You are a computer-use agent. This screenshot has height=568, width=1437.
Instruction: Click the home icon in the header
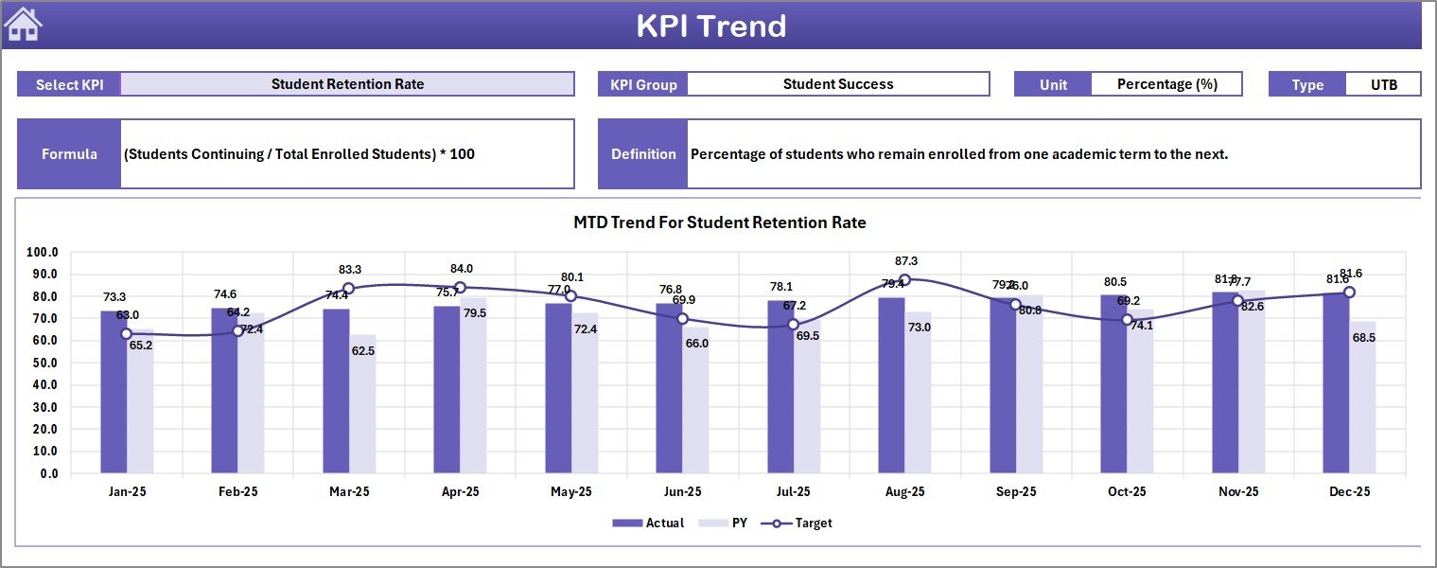point(24,25)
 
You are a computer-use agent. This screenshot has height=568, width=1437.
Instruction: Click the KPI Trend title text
point(710,26)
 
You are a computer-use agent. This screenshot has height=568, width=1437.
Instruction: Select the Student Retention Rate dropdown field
point(347,84)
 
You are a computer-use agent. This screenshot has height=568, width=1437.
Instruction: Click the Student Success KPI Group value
point(837,84)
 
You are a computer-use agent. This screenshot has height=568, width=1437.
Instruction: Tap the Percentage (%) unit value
point(1166,84)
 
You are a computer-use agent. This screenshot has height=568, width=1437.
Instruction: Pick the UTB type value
point(1383,84)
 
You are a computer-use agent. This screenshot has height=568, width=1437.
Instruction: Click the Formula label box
point(69,154)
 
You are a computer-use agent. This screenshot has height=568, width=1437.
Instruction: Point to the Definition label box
point(643,154)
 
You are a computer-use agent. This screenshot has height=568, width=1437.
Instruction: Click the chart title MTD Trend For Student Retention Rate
point(719,222)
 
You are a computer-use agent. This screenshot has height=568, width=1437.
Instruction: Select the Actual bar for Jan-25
point(114,392)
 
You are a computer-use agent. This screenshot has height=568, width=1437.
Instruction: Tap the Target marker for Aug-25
point(904,280)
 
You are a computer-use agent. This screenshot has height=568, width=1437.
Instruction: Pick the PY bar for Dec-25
point(1362,398)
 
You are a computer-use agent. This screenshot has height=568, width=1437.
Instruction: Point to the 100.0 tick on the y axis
point(43,253)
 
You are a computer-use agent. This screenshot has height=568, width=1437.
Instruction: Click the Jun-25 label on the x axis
point(682,492)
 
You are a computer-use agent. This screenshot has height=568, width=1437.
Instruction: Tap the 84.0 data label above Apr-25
point(462,269)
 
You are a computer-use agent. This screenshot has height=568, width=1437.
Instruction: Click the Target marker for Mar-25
point(348,289)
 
